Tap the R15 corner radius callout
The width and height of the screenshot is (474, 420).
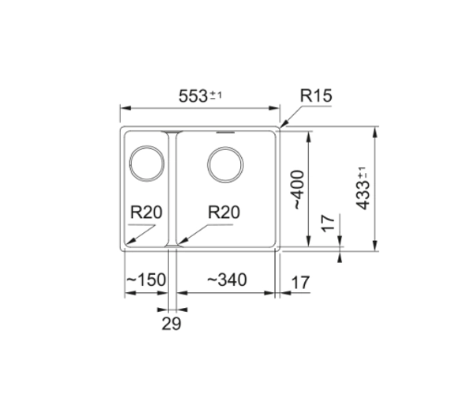click(x=316, y=96)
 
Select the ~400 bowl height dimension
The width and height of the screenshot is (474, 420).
click(x=297, y=189)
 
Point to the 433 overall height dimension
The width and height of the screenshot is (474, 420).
click(x=363, y=188)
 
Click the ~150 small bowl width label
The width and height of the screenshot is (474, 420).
click(x=145, y=279)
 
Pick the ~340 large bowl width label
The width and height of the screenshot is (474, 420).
click(x=227, y=279)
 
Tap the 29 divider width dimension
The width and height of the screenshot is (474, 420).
click(x=171, y=324)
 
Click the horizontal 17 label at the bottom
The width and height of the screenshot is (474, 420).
click(x=300, y=283)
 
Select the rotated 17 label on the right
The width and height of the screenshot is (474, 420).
click(x=328, y=223)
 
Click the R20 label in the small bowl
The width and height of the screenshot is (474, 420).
click(x=146, y=212)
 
